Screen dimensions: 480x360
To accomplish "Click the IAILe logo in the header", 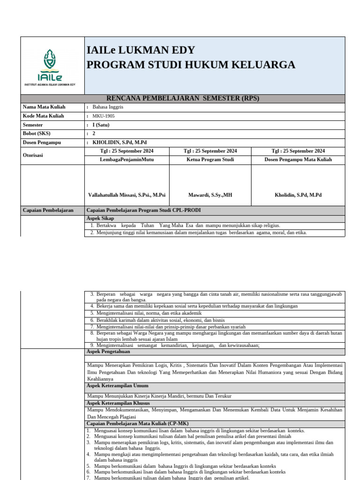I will click(52, 67).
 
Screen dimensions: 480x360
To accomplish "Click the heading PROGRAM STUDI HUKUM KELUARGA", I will click(191, 65).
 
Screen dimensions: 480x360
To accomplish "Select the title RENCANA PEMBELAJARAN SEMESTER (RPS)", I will click(183, 98).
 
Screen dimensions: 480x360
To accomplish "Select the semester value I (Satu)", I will click(104, 125).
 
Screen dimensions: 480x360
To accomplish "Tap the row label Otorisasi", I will click(33, 155).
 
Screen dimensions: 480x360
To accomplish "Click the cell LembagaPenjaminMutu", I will click(127, 160).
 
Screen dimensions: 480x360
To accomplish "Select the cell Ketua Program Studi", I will click(210, 160).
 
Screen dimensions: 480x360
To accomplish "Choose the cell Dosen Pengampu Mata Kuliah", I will click(298, 160).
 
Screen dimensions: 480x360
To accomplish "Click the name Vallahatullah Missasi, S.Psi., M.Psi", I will click(127, 195).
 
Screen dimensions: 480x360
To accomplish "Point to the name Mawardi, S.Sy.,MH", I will click(210, 195).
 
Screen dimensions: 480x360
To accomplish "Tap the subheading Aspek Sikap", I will click(100, 219).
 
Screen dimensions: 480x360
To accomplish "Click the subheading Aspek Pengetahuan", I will click(108, 352).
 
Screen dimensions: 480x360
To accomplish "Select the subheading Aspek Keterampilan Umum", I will click(117, 386).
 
